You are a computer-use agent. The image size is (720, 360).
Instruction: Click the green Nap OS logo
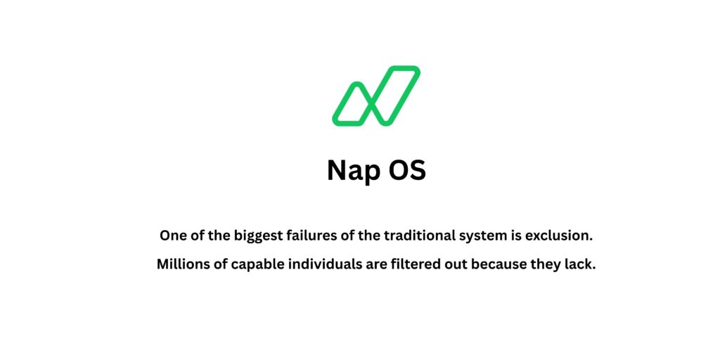(376, 96)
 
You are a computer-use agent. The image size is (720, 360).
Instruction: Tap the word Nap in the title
(354, 171)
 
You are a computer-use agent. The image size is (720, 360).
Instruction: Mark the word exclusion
(560, 236)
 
